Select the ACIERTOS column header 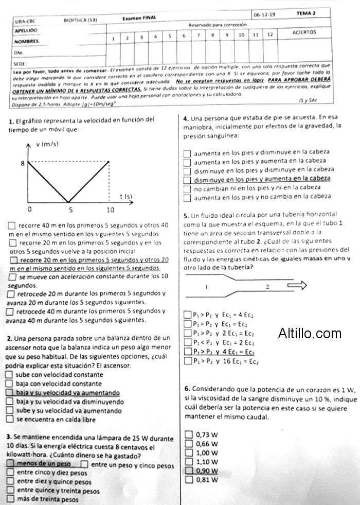coord(304,32)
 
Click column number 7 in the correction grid coord(198,36)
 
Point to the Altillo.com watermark coord(310,334)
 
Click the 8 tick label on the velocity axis coord(22,163)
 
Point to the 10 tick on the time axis coord(110,210)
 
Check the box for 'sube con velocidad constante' coord(9,375)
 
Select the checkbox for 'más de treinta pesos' coord(10,499)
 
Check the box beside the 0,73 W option coord(188,434)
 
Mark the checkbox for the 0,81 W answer coord(188,480)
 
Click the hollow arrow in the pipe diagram coord(297,285)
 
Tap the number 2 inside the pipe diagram coord(267,286)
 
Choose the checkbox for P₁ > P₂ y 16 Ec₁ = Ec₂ coord(187,361)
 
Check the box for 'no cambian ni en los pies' coord(187,188)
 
